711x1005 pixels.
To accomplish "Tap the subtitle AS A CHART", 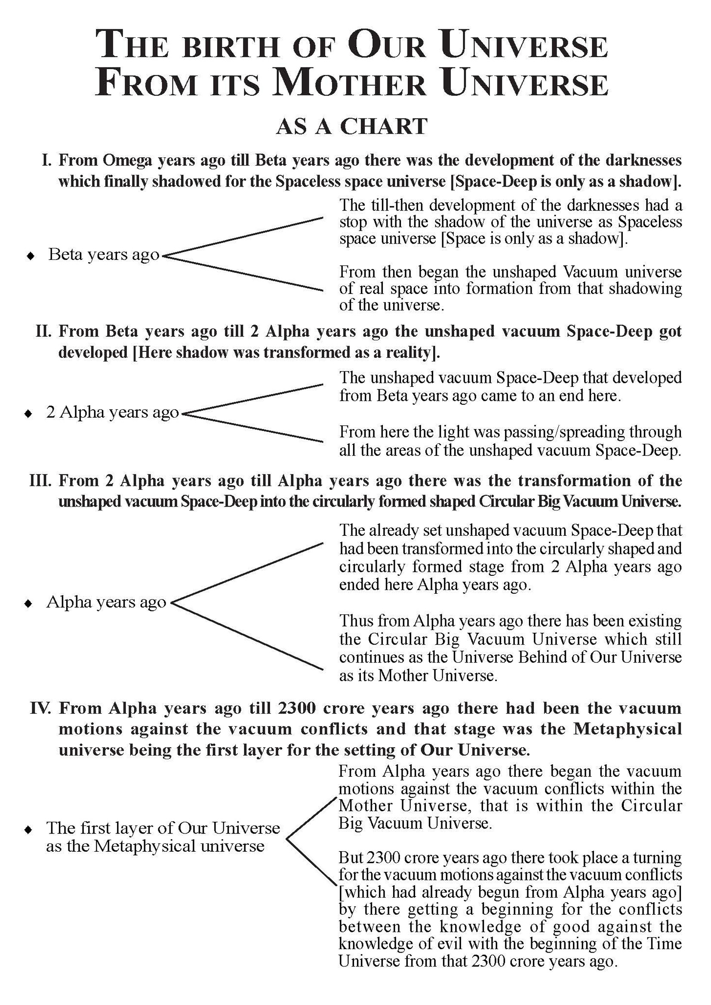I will tap(351, 127).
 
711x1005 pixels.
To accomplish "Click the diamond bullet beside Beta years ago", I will tap(31, 256).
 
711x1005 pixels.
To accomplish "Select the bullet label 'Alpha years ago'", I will tap(106, 602).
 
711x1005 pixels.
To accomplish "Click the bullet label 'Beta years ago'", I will tap(104, 254).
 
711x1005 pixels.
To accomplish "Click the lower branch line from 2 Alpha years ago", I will tap(254, 428).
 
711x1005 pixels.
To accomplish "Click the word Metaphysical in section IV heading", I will tap(628, 729).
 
